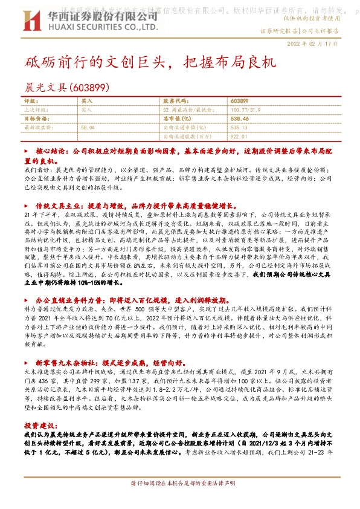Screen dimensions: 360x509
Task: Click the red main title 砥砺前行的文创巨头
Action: (97, 63)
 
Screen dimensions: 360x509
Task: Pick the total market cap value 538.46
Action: (240, 119)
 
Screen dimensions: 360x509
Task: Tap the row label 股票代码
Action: (176, 100)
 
